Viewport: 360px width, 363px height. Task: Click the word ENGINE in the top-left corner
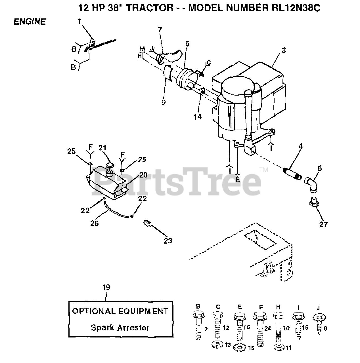point(30,22)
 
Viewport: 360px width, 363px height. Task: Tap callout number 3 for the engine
point(284,50)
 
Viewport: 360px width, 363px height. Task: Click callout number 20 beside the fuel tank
point(143,175)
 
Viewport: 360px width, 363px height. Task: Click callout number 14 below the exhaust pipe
point(198,116)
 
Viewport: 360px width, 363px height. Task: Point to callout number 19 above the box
point(106,287)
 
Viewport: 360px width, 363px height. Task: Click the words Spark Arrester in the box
point(120,328)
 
